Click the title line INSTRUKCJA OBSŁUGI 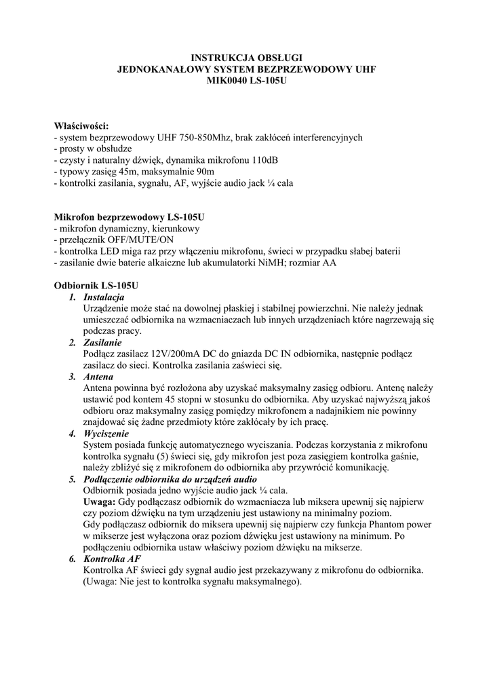pos(246,58)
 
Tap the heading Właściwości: pos(81,126)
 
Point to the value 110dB pos(262,160)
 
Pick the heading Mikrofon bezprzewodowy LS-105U pos(129,217)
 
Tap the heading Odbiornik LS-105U pos(96,286)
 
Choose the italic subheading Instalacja pos(104,297)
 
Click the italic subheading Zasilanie pos(102,343)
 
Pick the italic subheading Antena pos(98,377)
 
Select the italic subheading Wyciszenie pos(106,433)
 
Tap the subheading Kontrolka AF pos(112,558)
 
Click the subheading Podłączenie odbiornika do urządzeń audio pos(170,478)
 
